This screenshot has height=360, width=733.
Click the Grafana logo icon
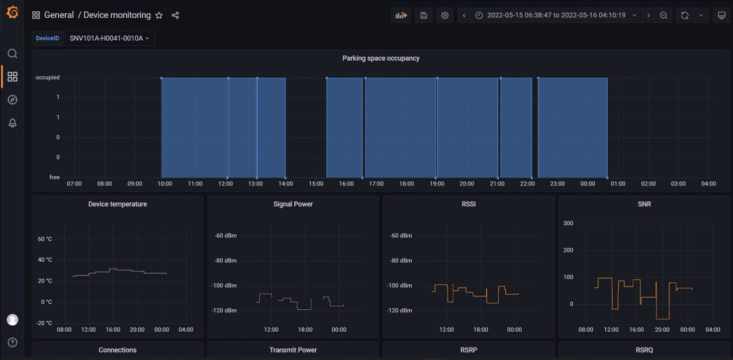[x=12, y=13]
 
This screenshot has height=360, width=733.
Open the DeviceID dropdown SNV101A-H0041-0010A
[x=110, y=38]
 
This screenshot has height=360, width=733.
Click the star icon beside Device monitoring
[x=159, y=15]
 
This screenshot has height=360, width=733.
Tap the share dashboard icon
[x=175, y=15]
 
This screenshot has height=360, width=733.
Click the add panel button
[x=401, y=15]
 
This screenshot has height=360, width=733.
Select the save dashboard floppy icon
[x=424, y=15]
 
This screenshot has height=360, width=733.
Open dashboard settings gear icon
[x=445, y=15]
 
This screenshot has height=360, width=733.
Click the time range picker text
[x=556, y=15]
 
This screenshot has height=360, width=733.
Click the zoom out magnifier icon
[x=663, y=15]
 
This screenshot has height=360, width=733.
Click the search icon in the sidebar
[x=12, y=54]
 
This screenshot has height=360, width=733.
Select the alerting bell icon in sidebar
[x=12, y=123]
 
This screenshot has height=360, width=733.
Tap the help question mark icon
[x=12, y=342]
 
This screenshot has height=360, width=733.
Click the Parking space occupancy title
[x=381, y=58]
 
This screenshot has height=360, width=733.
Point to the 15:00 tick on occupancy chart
[x=316, y=184]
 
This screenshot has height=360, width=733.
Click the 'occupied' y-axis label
[x=48, y=78]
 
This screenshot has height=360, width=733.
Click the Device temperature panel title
[x=117, y=204]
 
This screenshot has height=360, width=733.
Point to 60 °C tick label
[x=45, y=239]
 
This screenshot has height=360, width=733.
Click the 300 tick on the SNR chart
[x=568, y=223]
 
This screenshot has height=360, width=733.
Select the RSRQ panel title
[x=644, y=350]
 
